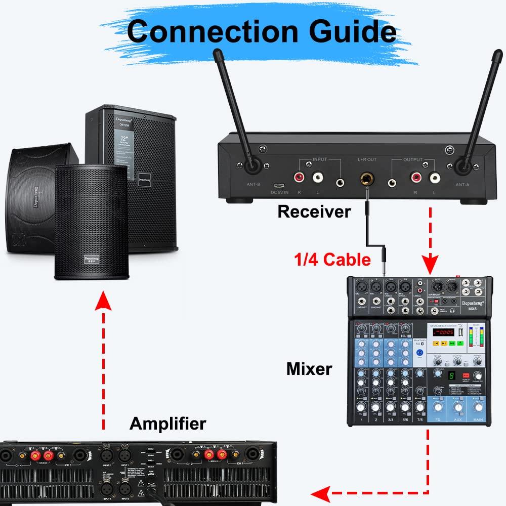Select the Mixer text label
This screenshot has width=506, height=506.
[x=309, y=368]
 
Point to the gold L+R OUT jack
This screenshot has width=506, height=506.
[x=365, y=179]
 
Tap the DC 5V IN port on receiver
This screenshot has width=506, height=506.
[x=278, y=185]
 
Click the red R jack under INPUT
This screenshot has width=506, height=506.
[x=300, y=178]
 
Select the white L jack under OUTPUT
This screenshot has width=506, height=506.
[x=434, y=178]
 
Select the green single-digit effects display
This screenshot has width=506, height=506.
[x=450, y=376]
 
